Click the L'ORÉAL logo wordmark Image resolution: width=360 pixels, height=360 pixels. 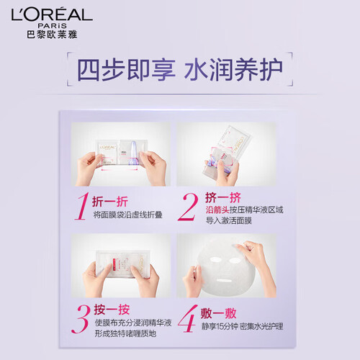(52, 15)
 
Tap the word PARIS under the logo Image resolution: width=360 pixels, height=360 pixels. (53, 26)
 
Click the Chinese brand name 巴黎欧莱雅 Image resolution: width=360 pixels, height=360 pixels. (52, 35)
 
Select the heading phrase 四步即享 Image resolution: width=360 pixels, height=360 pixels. (126, 70)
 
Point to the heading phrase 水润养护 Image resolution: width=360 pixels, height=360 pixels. (233, 70)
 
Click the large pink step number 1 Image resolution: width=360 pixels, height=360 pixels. (82, 207)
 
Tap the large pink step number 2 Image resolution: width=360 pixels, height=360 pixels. (188, 207)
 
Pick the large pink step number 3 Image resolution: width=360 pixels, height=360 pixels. (81, 319)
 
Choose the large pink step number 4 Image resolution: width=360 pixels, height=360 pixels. (187, 319)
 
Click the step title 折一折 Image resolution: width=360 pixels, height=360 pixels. (110, 202)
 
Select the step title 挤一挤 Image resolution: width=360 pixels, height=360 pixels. (223, 198)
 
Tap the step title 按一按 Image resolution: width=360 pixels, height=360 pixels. (112, 310)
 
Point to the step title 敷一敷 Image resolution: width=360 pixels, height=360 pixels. (218, 313)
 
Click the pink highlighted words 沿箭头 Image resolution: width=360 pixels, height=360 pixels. (217, 210)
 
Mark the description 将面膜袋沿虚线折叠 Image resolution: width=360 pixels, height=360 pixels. (127, 215)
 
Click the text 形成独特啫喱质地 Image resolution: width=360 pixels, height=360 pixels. (125, 333)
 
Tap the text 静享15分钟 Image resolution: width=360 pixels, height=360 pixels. (220, 326)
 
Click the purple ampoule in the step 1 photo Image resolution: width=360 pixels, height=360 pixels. (132, 153)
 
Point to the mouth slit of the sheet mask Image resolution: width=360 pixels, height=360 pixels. (224, 280)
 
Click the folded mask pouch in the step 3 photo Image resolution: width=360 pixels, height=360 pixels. (123, 264)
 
